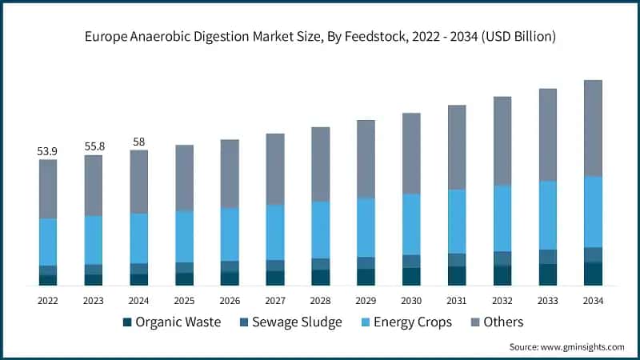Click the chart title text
[x=320, y=37]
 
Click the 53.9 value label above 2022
[x=48, y=150]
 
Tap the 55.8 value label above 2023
[x=94, y=146]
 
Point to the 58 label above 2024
[x=138, y=142]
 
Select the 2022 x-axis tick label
[x=48, y=301]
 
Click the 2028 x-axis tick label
[x=320, y=301]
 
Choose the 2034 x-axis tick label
[x=592, y=301]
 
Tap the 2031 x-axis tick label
[x=456, y=301]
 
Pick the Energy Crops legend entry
[x=409, y=322]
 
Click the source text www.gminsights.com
[x=566, y=347]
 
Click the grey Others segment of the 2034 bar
[x=592, y=128]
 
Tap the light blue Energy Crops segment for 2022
[x=48, y=242]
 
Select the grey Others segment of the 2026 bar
[x=230, y=174]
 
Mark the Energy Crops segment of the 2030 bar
[x=411, y=224]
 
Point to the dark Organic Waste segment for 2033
[x=547, y=274]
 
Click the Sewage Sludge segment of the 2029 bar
[x=366, y=262]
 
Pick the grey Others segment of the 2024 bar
[x=138, y=182]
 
